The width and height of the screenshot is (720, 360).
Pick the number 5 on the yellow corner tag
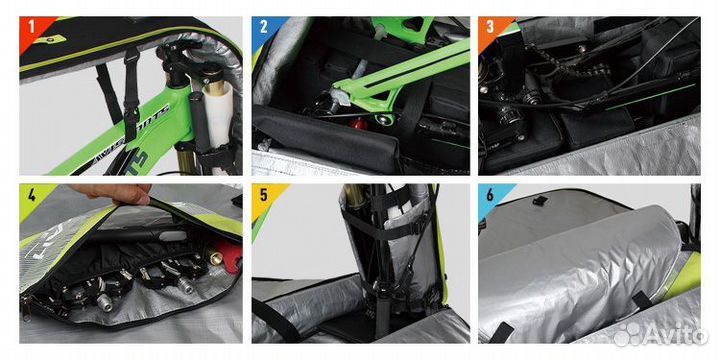coord(261,196)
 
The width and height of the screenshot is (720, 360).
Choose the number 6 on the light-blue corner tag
coord(489,196)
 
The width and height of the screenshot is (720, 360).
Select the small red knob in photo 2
coord(357,126)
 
